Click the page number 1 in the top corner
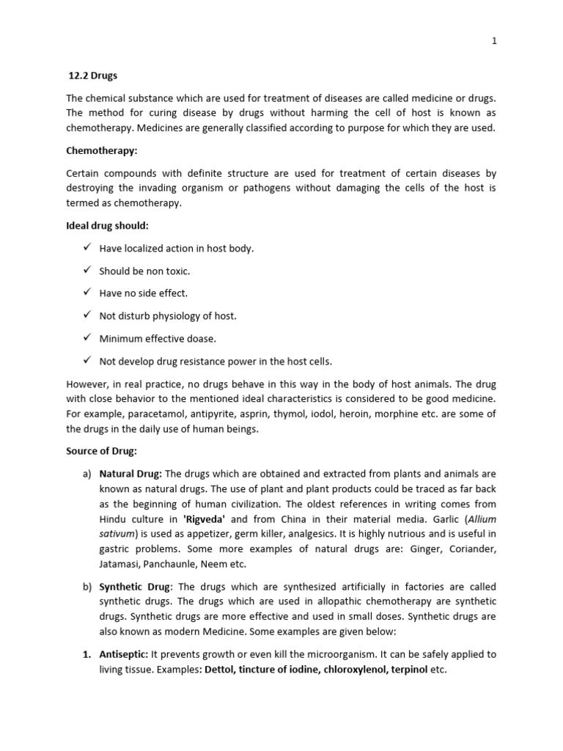(494, 41)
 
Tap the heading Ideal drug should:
(107, 225)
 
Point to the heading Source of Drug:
(101, 451)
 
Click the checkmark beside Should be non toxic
(87, 271)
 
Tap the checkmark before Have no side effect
(87, 293)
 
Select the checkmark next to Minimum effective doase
(87, 338)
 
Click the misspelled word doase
(202, 339)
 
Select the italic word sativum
(117, 534)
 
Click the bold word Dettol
(222, 670)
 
